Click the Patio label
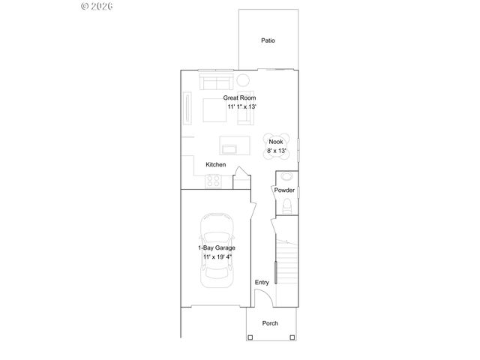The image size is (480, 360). pos(268,40)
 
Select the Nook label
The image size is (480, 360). pos(275,141)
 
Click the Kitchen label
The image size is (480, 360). pos(216,164)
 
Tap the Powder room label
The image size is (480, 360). pos(284,190)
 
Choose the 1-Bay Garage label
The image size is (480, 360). pos(216,247)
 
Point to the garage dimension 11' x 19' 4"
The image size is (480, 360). pos(217,257)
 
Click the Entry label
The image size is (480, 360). pos(262,282)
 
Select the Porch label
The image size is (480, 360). pos(270,323)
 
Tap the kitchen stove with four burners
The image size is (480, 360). pos(213,180)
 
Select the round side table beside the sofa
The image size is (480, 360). pos(244,80)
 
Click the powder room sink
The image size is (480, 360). pos(286,178)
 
